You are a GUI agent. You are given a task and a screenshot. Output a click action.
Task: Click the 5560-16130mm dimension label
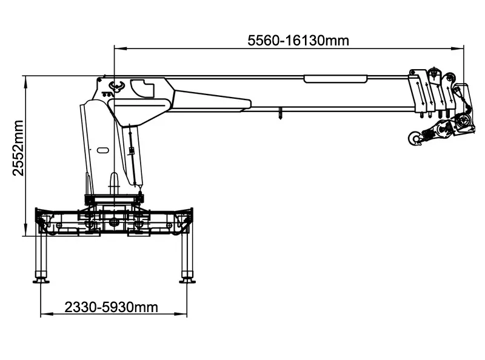tap(298, 41)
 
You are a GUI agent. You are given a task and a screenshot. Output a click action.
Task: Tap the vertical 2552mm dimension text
tap(18, 148)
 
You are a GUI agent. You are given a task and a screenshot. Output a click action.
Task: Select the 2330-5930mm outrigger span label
tap(112, 307)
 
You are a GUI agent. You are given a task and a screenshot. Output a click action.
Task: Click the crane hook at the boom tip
tap(415, 138)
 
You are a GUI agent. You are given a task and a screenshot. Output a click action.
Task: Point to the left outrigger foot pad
tap(41, 281)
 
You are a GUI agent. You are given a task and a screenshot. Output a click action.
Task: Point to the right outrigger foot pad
tap(187, 281)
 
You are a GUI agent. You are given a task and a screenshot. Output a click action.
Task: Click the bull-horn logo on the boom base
tap(116, 86)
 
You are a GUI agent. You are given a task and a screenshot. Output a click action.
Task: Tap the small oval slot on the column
tap(102, 150)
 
